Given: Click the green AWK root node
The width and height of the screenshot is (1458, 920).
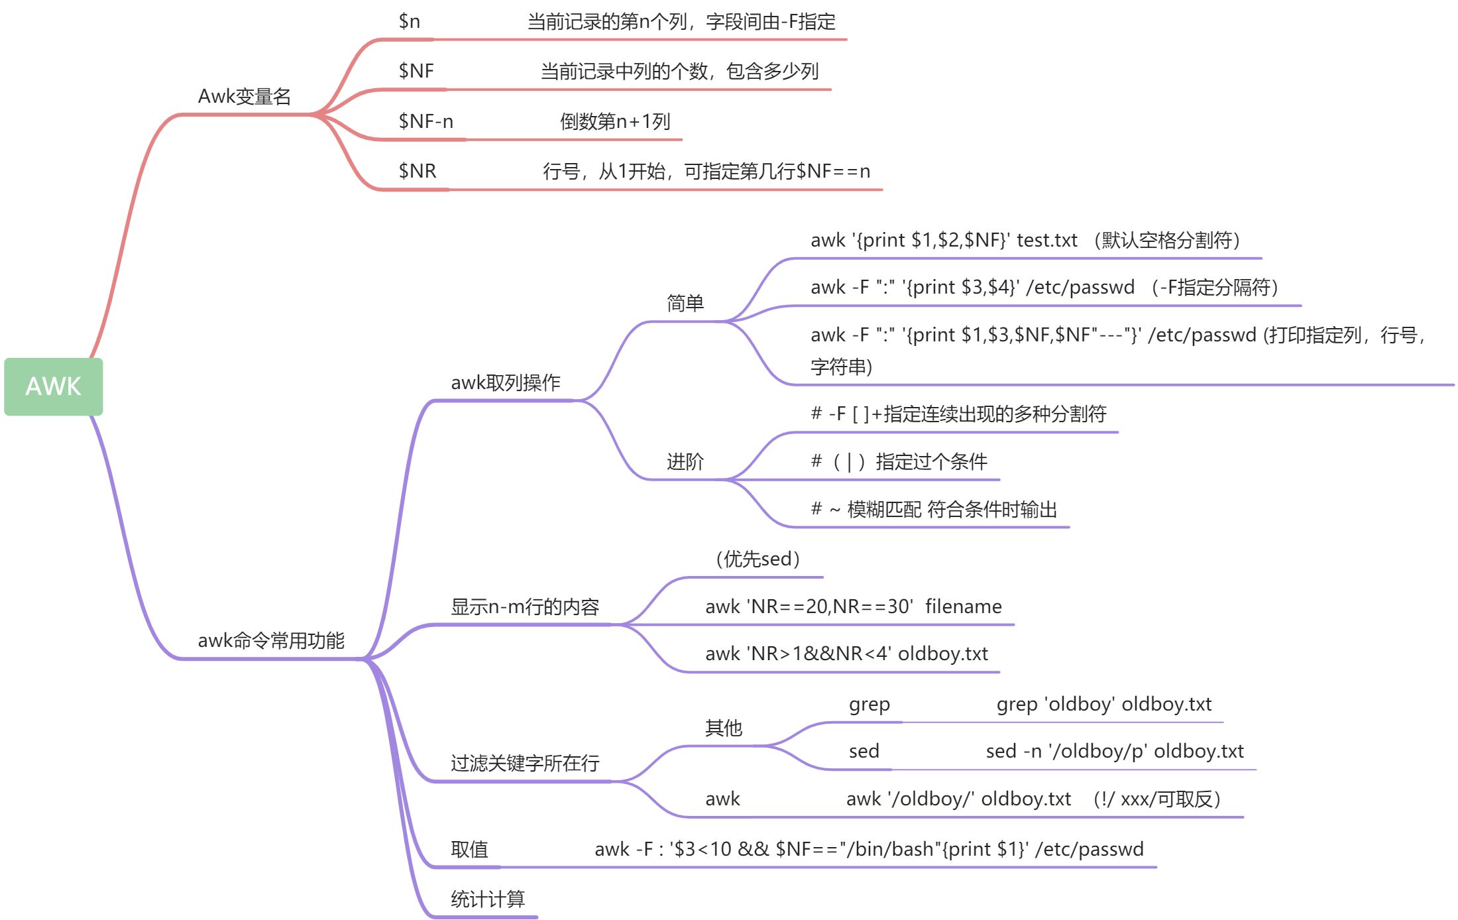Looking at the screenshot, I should pyautogui.click(x=53, y=386).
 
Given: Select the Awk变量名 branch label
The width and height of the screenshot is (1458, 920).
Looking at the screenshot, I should pyautogui.click(x=245, y=97).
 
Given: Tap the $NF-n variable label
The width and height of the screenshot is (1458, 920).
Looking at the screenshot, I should pyautogui.click(x=425, y=121).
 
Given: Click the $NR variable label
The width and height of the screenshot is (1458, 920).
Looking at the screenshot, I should pyautogui.click(x=417, y=171).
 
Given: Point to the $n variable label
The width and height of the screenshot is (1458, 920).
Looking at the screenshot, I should pyautogui.click(x=409, y=21).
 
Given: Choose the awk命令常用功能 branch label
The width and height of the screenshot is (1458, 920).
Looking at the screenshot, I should pyautogui.click(x=271, y=640).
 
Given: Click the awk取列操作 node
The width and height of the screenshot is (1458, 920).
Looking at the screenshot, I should pyautogui.click(x=505, y=382).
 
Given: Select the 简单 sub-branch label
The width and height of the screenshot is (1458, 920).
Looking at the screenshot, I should pyautogui.click(x=685, y=303).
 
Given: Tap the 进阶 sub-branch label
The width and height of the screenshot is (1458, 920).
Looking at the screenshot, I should pyautogui.click(x=685, y=461).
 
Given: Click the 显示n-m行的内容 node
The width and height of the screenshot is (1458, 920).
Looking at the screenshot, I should pyautogui.click(x=524, y=606).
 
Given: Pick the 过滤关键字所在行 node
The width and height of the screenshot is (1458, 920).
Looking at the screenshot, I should pyautogui.click(x=524, y=763).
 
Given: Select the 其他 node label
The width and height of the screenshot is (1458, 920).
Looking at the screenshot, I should pyautogui.click(x=723, y=728).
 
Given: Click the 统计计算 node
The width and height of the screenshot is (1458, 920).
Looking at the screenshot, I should pyautogui.click(x=487, y=899).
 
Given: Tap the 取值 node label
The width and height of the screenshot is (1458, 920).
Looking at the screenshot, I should pyautogui.click(x=469, y=849).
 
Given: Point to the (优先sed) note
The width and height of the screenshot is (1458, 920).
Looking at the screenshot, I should pyautogui.click(x=757, y=559).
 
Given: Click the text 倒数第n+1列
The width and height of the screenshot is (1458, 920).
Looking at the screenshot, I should pyautogui.click(x=614, y=121).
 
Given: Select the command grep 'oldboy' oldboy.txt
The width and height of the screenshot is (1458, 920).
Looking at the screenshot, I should pyautogui.click(x=1103, y=704).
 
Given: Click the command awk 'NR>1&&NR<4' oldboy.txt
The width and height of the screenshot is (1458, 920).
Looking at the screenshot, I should pyautogui.click(x=846, y=654).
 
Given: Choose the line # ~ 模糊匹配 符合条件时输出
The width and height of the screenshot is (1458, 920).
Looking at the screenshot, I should pyautogui.click(x=934, y=509).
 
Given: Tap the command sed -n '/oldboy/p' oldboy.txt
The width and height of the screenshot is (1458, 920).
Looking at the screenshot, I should pyautogui.click(x=1114, y=751).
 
